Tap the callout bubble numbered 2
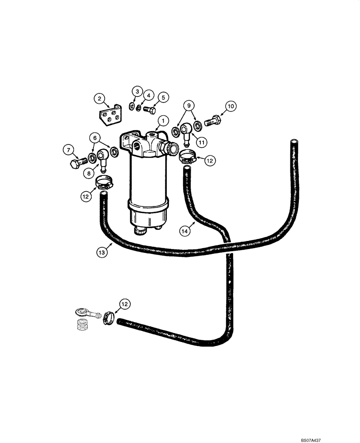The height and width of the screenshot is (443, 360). [x=100, y=98]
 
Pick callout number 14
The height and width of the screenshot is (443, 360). [x=185, y=230]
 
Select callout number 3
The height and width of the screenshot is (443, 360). [x=137, y=92]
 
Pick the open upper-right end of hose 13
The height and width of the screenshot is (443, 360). [x=293, y=142]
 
